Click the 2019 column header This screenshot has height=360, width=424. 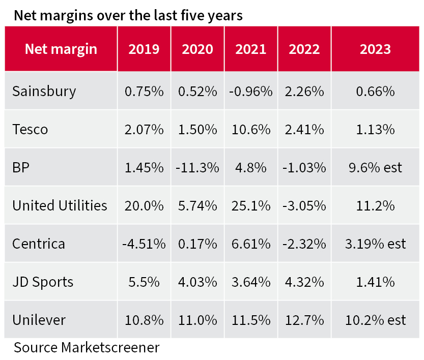(x=144, y=49)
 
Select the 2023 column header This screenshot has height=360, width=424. (x=375, y=49)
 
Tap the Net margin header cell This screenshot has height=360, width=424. (x=61, y=49)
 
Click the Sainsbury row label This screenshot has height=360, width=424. (x=44, y=92)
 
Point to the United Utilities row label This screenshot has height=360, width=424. (x=60, y=205)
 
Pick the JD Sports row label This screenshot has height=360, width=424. (x=43, y=282)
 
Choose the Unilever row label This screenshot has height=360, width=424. (x=39, y=320)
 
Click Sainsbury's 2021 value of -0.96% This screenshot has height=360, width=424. (x=250, y=92)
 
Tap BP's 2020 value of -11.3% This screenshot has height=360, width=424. (x=197, y=168)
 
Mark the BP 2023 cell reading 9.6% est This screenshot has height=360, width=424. (x=375, y=168)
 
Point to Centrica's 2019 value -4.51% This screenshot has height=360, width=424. (x=144, y=244)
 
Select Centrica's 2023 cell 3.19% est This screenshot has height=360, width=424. (x=375, y=244)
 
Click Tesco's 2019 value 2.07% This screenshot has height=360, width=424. (x=144, y=130)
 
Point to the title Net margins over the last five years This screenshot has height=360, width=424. (x=128, y=15)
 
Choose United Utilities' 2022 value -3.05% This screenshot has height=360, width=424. (x=304, y=205)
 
